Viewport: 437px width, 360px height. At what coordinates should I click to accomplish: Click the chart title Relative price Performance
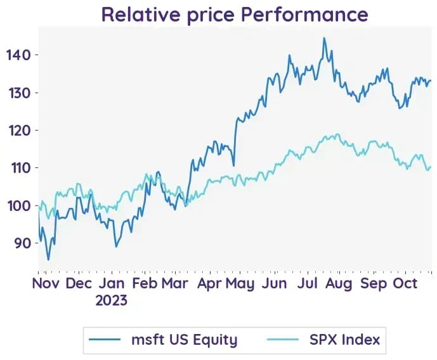click(x=235, y=15)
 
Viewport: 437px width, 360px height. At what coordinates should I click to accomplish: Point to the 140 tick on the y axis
click(x=18, y=55)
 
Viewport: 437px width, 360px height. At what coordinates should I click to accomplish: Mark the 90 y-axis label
click(x=23, y=243)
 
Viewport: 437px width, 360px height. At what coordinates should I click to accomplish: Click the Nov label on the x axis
click(x=46, y=283)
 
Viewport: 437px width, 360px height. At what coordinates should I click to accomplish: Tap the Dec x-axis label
click(x=79, y=283)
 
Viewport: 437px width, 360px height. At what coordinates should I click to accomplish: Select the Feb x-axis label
click(x=145, y=283)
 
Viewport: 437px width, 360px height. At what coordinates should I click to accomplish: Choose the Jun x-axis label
click(x=274, y=283)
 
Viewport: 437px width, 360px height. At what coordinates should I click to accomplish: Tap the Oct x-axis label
click(x=405, y=283)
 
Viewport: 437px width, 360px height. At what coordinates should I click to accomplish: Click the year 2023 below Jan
click(x=111, y=300)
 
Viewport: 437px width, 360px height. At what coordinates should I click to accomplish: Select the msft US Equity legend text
click(x=184, y=340)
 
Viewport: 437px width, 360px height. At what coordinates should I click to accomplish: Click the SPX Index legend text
click(x=344, y=340)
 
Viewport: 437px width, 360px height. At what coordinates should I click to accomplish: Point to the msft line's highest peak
click(x=324, y=38)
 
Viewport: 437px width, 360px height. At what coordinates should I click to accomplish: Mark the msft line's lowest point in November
click(x=48, y=259)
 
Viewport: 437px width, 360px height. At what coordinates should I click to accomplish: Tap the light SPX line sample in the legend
click(x=283, y=339)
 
